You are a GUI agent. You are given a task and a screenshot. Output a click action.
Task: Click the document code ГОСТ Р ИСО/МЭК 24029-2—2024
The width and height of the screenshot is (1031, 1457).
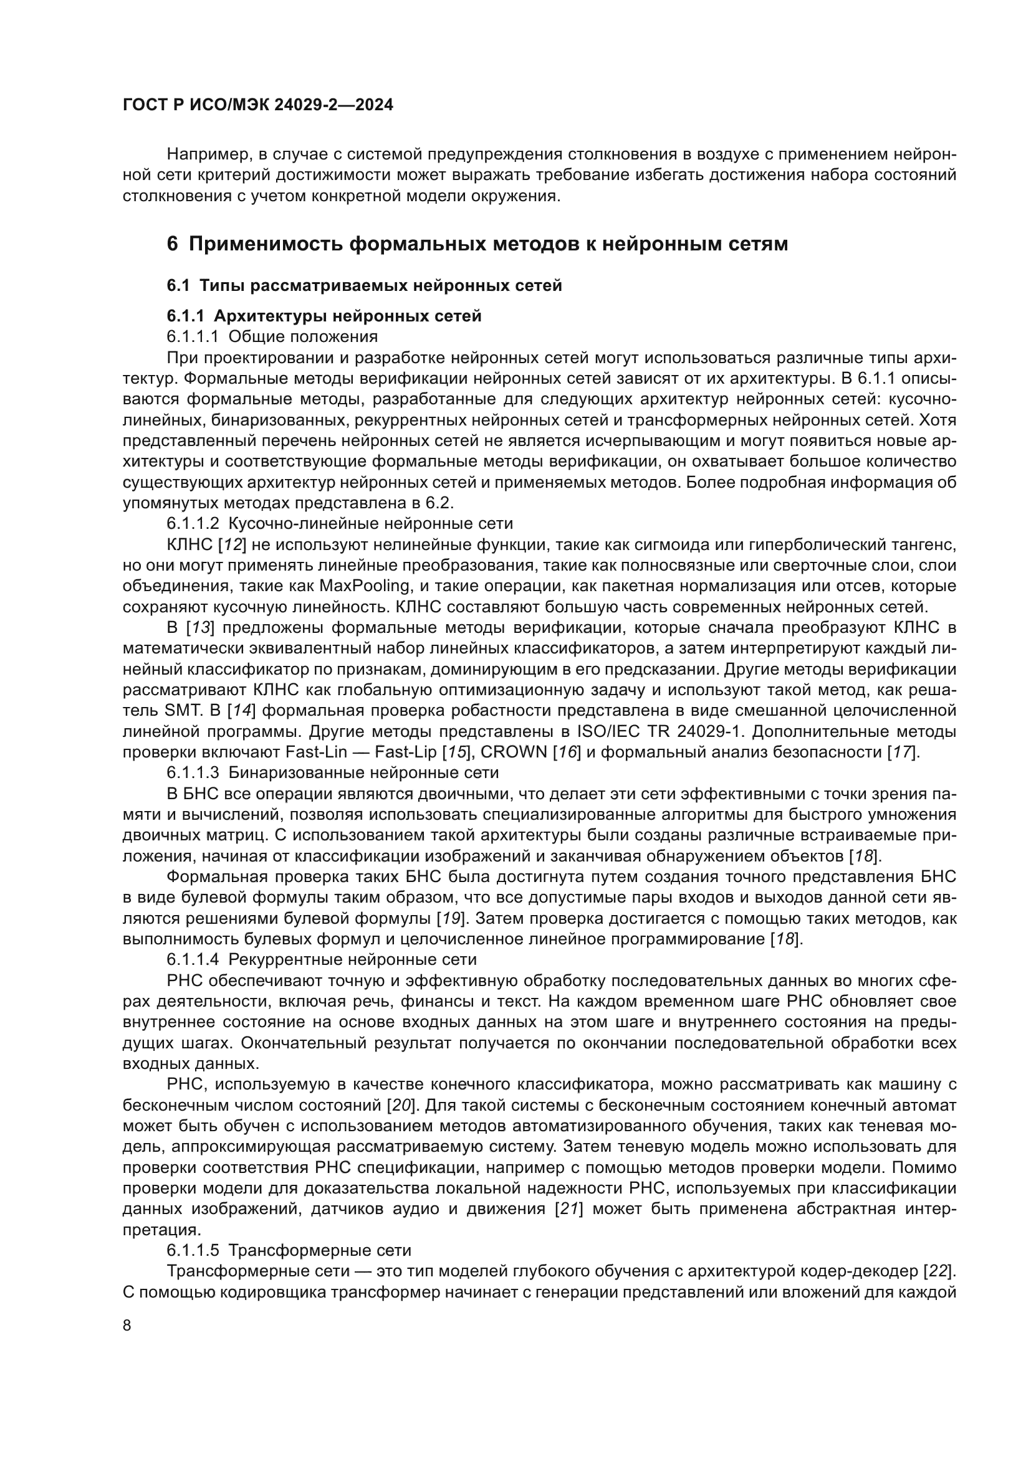click(258, 105)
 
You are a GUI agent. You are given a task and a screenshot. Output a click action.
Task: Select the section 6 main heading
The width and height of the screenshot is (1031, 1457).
click(477, 244)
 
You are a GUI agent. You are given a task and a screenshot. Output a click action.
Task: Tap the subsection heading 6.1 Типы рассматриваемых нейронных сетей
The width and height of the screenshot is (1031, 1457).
click(365, 285)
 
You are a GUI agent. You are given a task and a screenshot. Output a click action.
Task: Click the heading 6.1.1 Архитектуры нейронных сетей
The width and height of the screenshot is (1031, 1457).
click(324, 316)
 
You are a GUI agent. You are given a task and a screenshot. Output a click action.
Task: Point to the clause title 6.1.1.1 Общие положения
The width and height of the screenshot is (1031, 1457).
click(272, 336)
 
